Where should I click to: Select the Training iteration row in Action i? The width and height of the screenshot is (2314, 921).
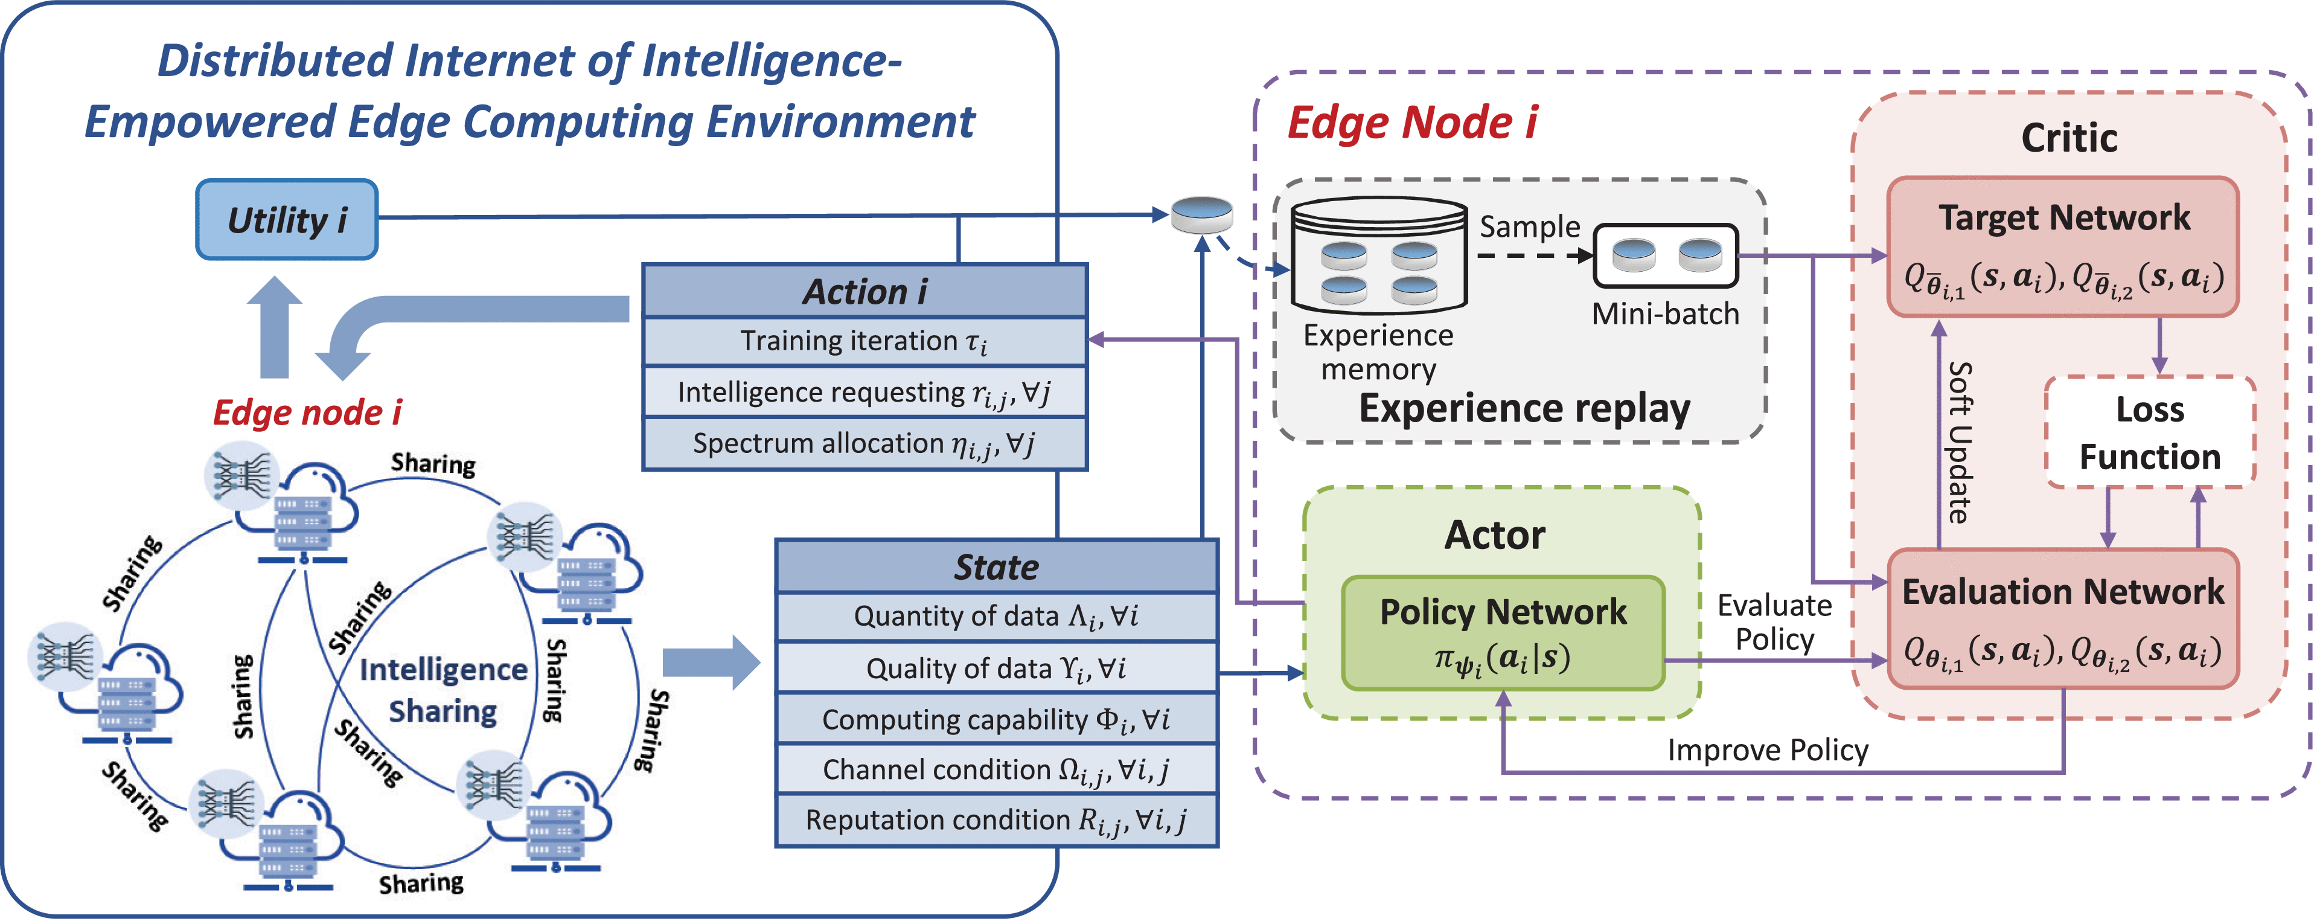(x=864, y=341)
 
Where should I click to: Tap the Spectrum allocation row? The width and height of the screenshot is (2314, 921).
(x=864, y=444)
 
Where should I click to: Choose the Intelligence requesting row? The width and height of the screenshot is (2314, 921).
(x=864, y=393)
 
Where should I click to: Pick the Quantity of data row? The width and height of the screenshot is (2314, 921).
(x=996, y=617)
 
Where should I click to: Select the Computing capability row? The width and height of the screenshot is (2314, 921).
(x=996, y=719)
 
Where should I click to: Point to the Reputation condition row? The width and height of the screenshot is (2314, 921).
(x=996, y=820)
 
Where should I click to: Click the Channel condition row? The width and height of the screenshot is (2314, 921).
(x=996, y=770)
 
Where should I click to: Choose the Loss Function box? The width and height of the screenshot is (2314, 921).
(x=2150, y=433)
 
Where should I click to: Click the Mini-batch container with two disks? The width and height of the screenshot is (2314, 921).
(x=1666, y=255)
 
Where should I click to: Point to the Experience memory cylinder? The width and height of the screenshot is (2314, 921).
(x=1379, y=256)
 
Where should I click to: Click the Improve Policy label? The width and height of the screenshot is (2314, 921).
(x=1767, y=750)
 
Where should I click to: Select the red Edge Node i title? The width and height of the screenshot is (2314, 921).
(x=1412, y=123)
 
